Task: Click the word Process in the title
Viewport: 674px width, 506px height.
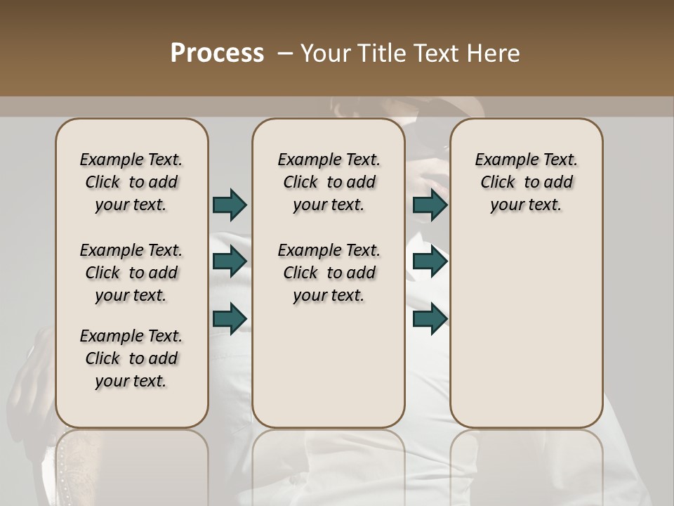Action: click(x=217, y=53)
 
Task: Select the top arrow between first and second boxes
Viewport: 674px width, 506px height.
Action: click(x=230, y=205)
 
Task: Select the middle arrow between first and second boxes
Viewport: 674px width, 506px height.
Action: click(x=230, y=261)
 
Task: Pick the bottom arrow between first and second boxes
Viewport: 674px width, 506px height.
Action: click(x=230, y=318)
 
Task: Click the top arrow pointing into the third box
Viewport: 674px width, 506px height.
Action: click(x=430, y=205)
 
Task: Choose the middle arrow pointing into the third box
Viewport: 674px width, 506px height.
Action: click(x=430, y=261)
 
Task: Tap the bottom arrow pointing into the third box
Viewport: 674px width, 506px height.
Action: click(x=430, y=318)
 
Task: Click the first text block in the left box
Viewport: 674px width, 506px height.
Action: click(x=131, y=182)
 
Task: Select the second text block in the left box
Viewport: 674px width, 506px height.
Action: click(x=131, y=273)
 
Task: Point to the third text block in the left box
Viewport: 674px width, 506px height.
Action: click(x=131, y=358)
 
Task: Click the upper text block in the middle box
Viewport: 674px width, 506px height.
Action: click(x=329, y=182)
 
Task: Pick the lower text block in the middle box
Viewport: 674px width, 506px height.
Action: click(x=329, y=273)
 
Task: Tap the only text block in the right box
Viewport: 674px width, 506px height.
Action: click(x=526, y=182)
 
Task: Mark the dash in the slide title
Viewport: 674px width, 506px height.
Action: click(x=285, y=53)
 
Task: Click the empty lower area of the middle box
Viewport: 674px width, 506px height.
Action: click(x=329, y=365)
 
